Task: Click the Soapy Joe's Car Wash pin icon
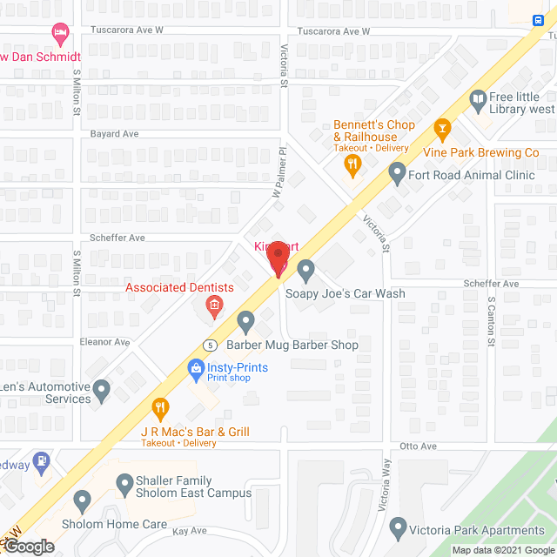click(305, 272)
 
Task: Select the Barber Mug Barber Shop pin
click(245, 322)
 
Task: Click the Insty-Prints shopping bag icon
click(197, 368)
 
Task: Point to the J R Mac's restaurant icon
click(160, 406)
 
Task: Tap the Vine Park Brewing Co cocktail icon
click(442, 131)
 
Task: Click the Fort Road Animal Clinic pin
click(397, 175)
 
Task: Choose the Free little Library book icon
click(477, 100)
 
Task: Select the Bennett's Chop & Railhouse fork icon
click(352, 164)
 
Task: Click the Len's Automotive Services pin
click(103, 391)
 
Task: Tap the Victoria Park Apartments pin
click(398, 527)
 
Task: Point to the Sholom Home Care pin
click(83, 500)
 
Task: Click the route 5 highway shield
click(210, 345)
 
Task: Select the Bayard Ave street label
click(115, 134)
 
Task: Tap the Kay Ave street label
click(189, 530)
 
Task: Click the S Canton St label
click(491, 319)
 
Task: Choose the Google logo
click(28, 547)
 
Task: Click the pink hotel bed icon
click(60, 35)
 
